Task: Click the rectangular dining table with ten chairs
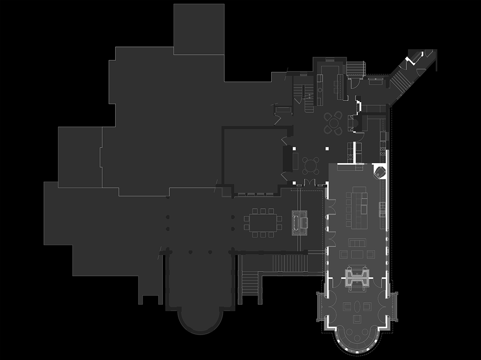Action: pyautogui.click(x=263, y=223)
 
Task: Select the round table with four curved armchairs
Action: pyautogui.click(x=333, y=122)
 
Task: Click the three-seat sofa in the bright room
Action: pyautogui.click(x=357, y=243)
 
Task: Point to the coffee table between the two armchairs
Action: pyautogui.click(x=357, y=254)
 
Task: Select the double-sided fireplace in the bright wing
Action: pyautogui.click(x=357, y=278)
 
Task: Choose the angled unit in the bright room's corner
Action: pyautogui.click(x=379, y=172)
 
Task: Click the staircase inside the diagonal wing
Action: pyautogui.click(x=401, y=79)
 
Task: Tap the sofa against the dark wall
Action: pyautogui.click(x=295, y=159)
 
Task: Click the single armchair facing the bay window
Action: pyautogui.click(x=357, y=319)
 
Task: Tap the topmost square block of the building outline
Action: pyautogui.click(x=199, y=29)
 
